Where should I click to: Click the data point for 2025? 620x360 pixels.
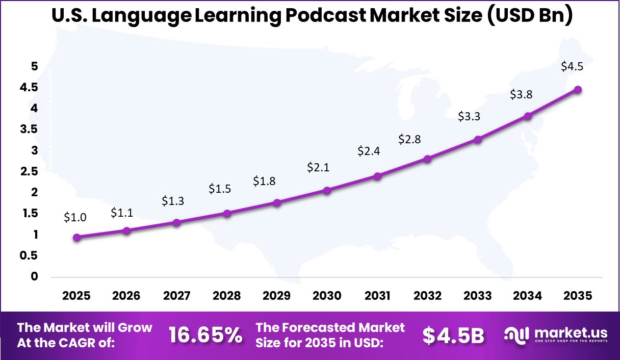pyautogui.click(x=76, y=237)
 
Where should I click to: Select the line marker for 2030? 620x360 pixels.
pyautogui.click(x=327, y=190)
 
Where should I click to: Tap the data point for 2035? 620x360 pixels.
pyautogui.click(x=578, y=90)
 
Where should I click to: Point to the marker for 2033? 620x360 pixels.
pyautogui.click(x=478, y=139)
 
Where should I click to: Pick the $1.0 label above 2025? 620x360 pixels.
pyautogui.click(x=75, y=217)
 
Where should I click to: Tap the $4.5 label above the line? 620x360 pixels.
pyautogui.click(x=571, y=66)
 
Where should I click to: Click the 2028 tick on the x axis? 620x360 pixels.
pyautogui.click(x=227, y=296)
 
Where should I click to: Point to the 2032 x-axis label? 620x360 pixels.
pyautogui.click(x=428, y=296)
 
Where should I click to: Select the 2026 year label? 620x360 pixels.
pyautogui.click(x=126, y=296)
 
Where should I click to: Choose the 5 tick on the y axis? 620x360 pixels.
pyautogui.click(x=34, y=66)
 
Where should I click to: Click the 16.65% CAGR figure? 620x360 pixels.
pyautogui.click(x=205, y=335)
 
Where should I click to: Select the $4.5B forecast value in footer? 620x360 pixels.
pyautogui.click(x=453, y=335)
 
